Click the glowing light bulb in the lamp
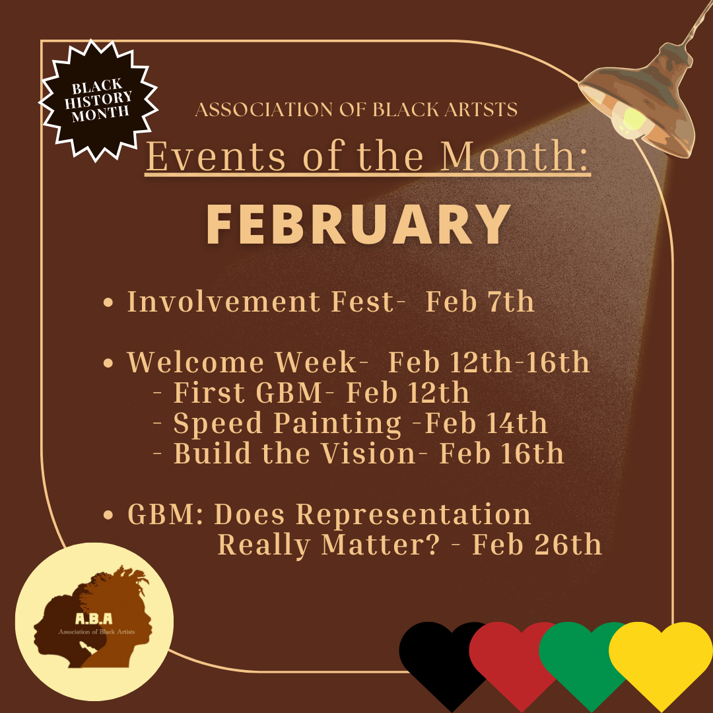click(x=632, y=121)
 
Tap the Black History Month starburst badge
click(x=98, y=100)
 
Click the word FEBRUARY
click(x=358, y=224)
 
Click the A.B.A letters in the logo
click(x=94, y=619)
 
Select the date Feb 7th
click(x=480, y=302)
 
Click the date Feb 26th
click(x=537, y=544)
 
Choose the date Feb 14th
click(x=486, y=423)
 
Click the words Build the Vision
click(x=294, y=454)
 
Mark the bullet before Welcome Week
click(x=108, y=363)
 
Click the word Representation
click(x=413, y=515)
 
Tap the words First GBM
click(x=248, y=392)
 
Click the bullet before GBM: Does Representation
click(x=108, y=515)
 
